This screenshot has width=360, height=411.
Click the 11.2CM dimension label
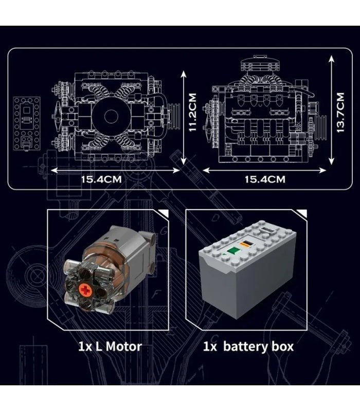click(x=193, y=112)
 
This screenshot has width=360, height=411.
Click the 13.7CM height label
click(x=339, y=112)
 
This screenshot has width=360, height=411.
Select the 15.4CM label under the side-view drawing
click(x=264, y=179)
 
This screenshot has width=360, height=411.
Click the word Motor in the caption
click(x=121, y=346)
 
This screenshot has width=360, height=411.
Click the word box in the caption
click(x=282, y=346)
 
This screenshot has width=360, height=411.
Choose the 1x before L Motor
click(x=85, y=346)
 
